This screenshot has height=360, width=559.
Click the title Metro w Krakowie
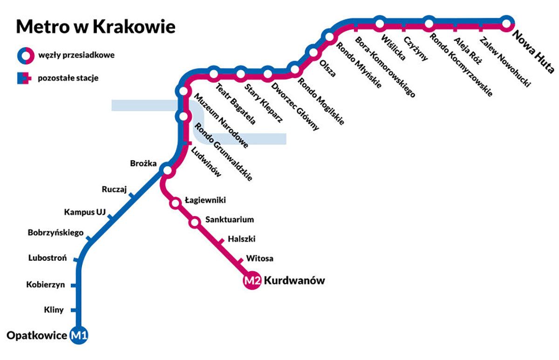pyautogui.click(x=96, y=27)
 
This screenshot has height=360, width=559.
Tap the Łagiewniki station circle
pyautogui.click(x=176, y=203)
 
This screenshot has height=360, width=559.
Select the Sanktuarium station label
pyautogui.click(x=230, y=219)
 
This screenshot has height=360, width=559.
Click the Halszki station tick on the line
pyautogui.click(x=221, y=241)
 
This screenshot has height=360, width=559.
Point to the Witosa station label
pyautogui.click(x=259, y=258)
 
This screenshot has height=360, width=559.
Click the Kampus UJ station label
pyautogui.click(x=85, y=212)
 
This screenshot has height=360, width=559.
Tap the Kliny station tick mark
pyautogui.click(x=75, y=310)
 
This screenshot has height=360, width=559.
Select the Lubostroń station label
pyautogui.click(x=48, y=258)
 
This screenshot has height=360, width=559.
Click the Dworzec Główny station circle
pyautogui.click(x=268, y=74)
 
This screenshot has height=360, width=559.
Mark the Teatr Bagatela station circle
pyautogui.click(x=214, y=74)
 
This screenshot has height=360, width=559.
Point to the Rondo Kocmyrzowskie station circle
pyautogui.click(x=429, y=22)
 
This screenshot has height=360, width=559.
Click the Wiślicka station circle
pyautogui.click(x=380, y=22)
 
